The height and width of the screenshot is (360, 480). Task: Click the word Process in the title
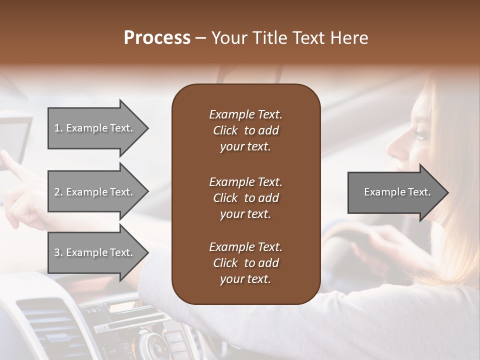pyautogui.click(x=157, y=38)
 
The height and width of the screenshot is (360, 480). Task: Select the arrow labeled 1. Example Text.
pyautogui.click(x=95, y=128)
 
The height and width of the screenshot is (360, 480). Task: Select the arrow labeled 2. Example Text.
pyautogui.click(x=95, y=192)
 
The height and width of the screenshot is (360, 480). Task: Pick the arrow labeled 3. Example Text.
pyautogui.click(x=95, y=252)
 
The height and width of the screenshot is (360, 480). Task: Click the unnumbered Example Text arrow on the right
pyautogui.click(x=397, y=192)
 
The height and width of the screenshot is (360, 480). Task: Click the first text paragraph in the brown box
pyautogui.click(x=245, y=130)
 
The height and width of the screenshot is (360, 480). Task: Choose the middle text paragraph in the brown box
pyautogui.click(x=245, y=198)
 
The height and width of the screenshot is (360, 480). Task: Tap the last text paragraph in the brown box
pyautogui.click(x=245, y=263)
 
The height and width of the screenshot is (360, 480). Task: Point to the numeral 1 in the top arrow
pyautogui.click(x=56, y=128)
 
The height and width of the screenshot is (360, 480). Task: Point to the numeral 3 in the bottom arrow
pyautogui.click(x=56, y=252)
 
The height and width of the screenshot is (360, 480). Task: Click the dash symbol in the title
pyautogui.click(x=200, y=38)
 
